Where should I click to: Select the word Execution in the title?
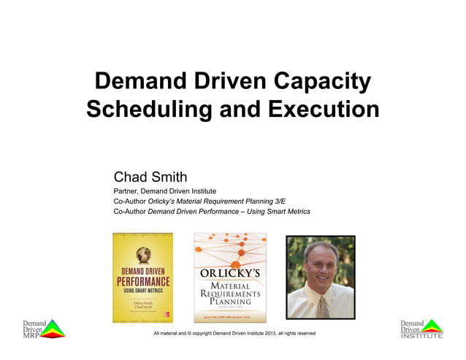(x=322, y=109)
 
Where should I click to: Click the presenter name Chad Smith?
(x=150, y=177)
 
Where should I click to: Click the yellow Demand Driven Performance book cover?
(x=142, y=277)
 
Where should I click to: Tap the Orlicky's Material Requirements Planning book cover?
(x=229, y=277)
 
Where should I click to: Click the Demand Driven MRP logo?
(x=42, y=328)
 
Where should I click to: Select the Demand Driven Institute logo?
(x=421, y=328)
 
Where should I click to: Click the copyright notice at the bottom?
(x=234, y=334)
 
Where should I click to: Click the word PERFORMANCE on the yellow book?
(x=143, y=282)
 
